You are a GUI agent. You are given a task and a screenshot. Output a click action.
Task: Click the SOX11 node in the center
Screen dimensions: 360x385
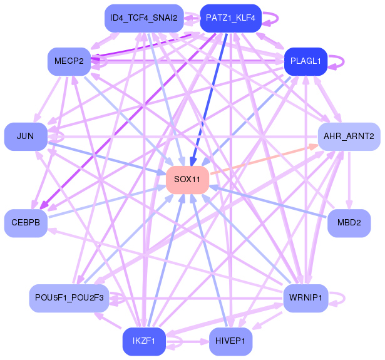(x=187, y=180)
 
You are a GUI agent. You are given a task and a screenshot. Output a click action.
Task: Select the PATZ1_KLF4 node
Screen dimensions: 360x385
(x=230, y=18)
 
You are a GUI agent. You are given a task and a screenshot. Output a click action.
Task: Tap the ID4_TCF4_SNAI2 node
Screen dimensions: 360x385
(x=143, y=18)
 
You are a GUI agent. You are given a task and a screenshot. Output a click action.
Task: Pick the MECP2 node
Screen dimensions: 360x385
(x=69, y=61)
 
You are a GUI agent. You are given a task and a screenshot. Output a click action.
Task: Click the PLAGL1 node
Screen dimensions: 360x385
(x=305, y=61)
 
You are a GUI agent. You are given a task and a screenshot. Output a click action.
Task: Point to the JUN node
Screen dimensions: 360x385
(x=26, y=136)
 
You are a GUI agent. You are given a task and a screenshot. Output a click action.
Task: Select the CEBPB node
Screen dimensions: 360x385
(x=26, y=223)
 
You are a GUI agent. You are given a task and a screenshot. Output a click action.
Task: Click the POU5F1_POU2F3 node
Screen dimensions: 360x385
(x=69, y=298)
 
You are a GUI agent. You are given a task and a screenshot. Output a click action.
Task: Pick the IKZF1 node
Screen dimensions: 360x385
(x=144, y=341)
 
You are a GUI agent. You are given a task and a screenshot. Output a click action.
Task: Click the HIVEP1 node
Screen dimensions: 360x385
(x=230, y=341)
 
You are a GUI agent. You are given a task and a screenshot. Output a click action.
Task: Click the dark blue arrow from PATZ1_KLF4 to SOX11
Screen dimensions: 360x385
(x=210, y=94)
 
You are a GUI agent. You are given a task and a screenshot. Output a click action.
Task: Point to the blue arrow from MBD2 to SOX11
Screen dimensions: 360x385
(x=269, y=202)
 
